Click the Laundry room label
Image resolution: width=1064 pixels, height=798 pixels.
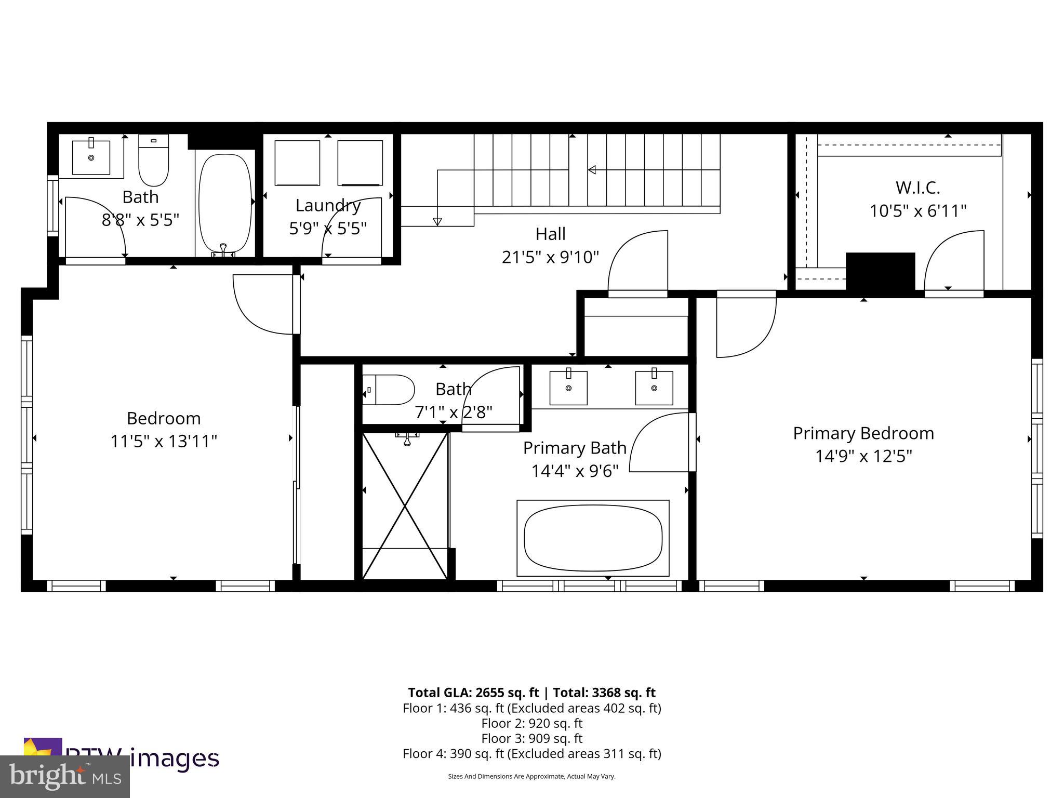point(328,206)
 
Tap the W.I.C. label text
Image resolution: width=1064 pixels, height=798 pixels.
point(917,188)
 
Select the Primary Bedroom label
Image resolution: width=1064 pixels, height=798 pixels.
point(863,433)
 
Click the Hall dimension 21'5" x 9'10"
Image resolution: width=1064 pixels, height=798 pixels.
point(550,257)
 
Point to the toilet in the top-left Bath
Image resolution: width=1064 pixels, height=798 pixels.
point(154,161)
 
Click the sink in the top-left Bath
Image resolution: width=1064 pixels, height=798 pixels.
point(91,157)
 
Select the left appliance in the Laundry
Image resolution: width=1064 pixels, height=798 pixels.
point(297,162)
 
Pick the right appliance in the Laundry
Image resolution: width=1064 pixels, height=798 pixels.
point(360,162)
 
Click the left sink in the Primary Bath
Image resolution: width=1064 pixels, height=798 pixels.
point(568,388)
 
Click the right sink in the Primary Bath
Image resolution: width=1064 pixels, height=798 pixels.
point(654,388)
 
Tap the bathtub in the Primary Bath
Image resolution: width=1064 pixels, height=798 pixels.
point(593,538)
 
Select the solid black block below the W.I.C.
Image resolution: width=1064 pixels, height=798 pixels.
point(880,272)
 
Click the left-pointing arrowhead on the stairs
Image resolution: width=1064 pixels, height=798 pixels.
point(592,169)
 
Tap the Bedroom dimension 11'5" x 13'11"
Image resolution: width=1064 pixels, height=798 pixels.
point(163,441)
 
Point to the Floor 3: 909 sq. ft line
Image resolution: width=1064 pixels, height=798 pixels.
point(531,738)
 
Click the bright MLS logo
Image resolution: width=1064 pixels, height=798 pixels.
point(65,776)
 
